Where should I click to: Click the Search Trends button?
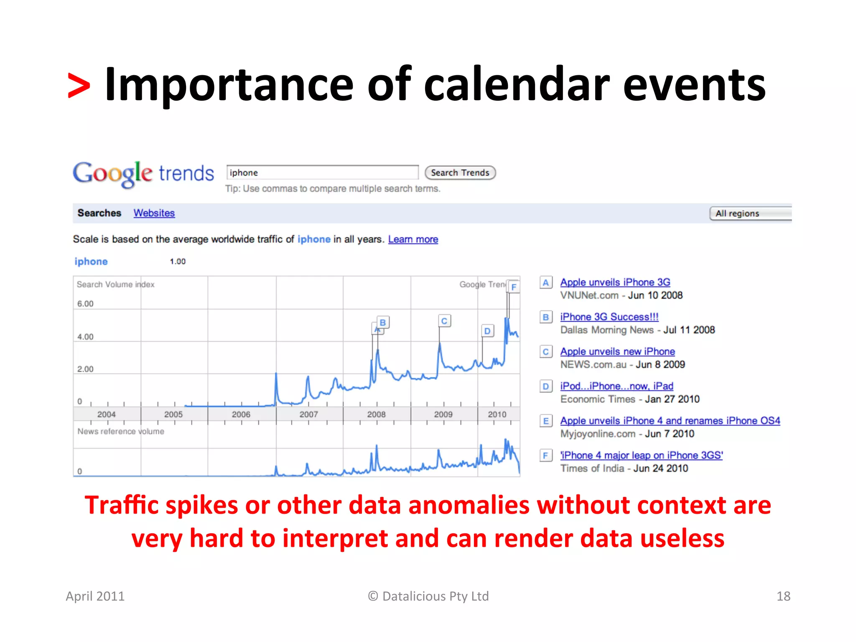pyautogui.click(x=460, y=173)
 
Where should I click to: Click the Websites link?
pyautogui.click(x=154, y=213)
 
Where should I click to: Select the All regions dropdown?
pyautogui.click(x=750, y=213)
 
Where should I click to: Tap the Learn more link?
pyautogui.click(x=413, y=239)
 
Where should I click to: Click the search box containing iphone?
pyautogui.click(x=322, y=173)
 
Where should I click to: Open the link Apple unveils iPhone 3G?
pyautogui.click(x=615, y=282)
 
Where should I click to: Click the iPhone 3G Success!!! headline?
pyautogui.click(x=609, y=317)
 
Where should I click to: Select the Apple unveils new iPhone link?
pyautogui.click(x=617, y=352)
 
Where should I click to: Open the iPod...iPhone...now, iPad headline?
pyautogui.click(x=617, y=386)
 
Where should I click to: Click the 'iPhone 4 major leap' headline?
pyautogui.click(x=641, y=455)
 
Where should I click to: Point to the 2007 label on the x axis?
pyautogui.click(x=308, y=414)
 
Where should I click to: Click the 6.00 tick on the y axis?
pyautogui.click(x=85, y=304)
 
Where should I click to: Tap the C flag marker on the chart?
pyautogui.click(x=444, y=321)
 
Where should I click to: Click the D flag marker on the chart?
pyautogui.click(x=487, y=331)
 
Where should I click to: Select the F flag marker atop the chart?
pyautogui.click(x=514, y=287)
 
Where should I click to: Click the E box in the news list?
pyautogui.click(x=545, y=421)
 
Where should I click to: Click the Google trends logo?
pyautogui.click(x=143, y=173)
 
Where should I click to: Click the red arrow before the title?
pyautogui.click(x=79, y=86)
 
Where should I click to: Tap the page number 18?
pyautogui.click(x=783, y=596)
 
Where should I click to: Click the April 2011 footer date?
pyautogui.click(x=95, y=596)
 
